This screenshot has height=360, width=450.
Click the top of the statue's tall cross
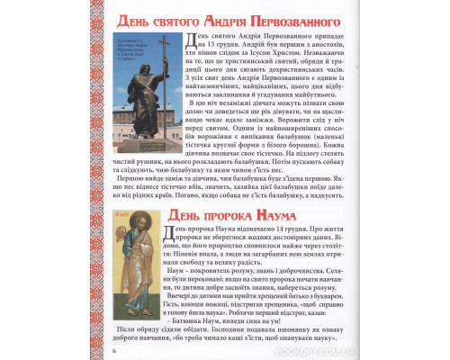[164, 38]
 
